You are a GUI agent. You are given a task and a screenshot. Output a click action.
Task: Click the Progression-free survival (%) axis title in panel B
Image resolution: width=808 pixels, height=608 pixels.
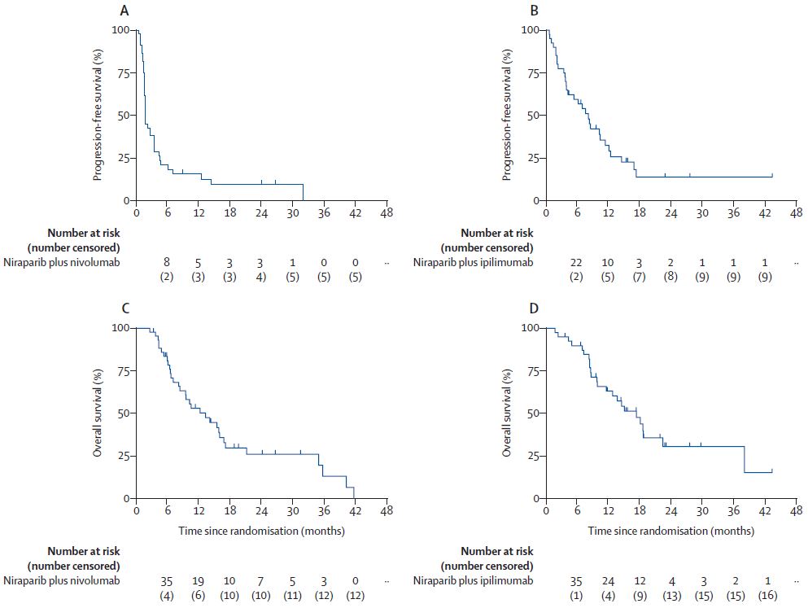[509, 114]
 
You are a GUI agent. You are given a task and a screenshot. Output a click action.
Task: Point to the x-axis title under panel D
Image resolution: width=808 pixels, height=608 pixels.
[670, 531]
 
